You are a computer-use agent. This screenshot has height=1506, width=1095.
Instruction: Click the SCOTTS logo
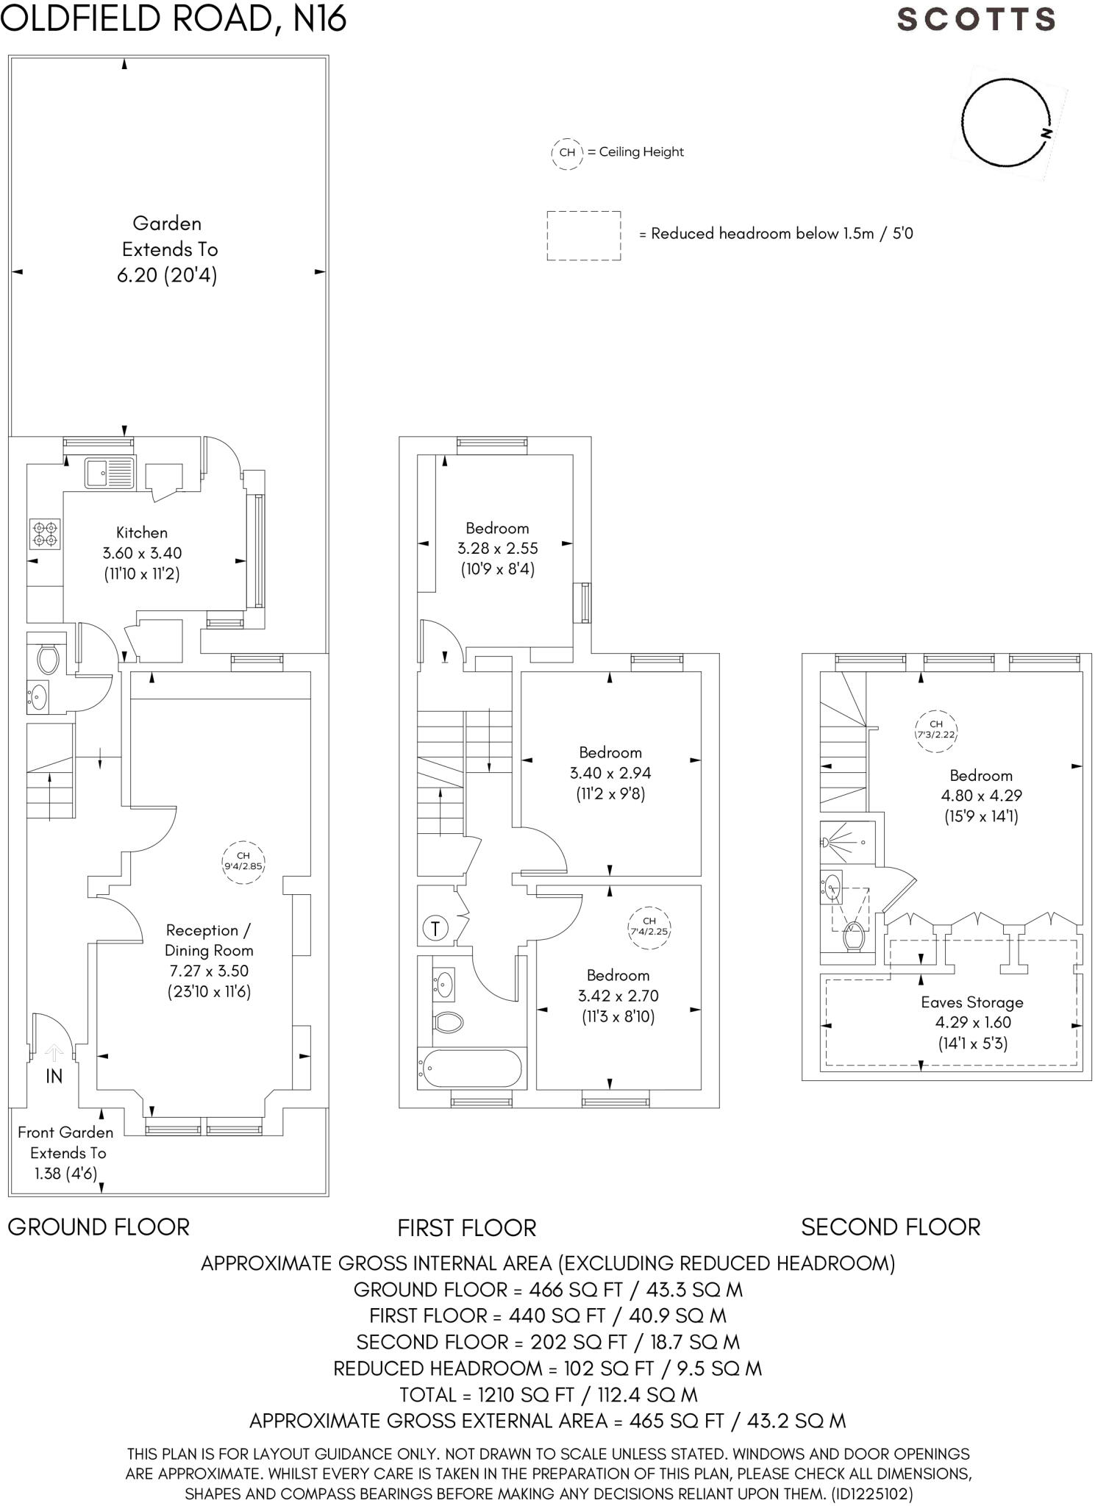coord(976,19)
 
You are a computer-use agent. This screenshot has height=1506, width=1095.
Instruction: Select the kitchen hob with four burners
coord(46,533)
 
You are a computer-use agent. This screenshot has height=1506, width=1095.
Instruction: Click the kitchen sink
coord(110,472)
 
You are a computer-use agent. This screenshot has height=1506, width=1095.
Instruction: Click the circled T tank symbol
coord(435,928)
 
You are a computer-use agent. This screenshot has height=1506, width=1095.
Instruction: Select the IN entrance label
coord(54,1077)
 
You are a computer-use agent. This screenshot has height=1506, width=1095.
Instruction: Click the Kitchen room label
coord(142,532)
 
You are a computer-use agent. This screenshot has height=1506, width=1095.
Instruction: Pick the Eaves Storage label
coord(972,1002)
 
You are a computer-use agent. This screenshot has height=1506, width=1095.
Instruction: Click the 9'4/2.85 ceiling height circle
coord(243,861)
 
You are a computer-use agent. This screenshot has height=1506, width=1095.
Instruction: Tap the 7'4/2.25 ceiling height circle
coord(649,926)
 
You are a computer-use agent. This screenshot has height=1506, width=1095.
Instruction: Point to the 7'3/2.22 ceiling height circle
coord(935,729)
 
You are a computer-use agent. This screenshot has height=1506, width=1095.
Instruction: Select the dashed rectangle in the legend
coord(584,235)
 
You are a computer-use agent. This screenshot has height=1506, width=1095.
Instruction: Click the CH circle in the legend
coord(567,153)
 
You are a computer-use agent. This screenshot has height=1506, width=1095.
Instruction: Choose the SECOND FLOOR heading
coord(891,1227)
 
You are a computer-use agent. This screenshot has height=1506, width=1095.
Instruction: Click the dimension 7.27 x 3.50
coord(208,971)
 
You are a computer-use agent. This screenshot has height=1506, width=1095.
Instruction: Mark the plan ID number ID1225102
coord(872,1494)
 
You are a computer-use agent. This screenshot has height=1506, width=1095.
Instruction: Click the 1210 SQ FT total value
coord(502,1395)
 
